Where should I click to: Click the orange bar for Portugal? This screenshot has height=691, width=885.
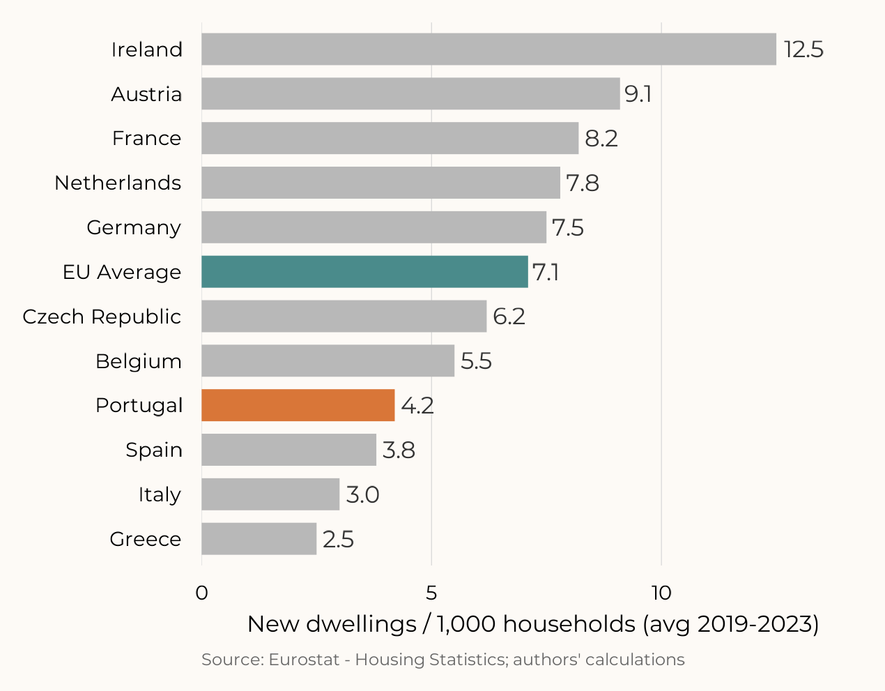click(x=298, y=405)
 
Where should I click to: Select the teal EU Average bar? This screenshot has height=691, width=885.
click(x=364, y=272)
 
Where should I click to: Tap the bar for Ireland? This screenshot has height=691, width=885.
click(x=488, y=50)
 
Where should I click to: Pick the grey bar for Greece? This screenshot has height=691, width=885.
click(x=259, y=539)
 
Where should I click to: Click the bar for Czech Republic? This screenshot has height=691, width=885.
click(x=344, y=317)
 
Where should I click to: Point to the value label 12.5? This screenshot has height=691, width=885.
click(x=803, y=50)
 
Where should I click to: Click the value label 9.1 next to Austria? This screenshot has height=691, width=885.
click(x=638, y=94)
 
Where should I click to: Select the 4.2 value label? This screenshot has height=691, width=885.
click(x=417, y=405)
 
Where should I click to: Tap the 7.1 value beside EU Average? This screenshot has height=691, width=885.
click(x=546, y=272)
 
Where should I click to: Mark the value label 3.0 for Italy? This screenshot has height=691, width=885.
click(x=362, y=494)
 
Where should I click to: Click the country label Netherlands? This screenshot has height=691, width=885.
click(x=118, y=183)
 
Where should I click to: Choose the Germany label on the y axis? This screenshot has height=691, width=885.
click(x=134, y=227)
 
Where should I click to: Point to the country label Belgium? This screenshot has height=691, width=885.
click(x=139, y=361)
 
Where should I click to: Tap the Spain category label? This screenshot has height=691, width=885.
click(x=154, y=450)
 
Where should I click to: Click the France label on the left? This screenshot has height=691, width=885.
click(x=146, y=138)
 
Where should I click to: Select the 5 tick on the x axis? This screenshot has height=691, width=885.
click(x=431, y=593)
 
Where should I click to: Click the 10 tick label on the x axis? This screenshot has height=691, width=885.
click(x=661, y=593)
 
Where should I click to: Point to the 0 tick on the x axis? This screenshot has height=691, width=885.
click(x=202, y=593)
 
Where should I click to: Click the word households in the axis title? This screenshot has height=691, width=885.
click(x=569, y=624)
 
